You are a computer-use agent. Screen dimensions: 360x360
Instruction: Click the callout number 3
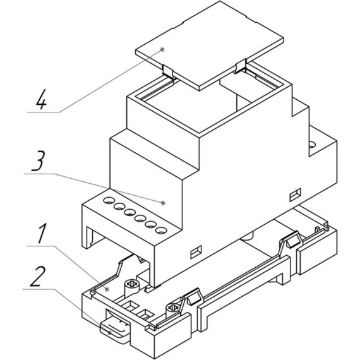tap(38, 161)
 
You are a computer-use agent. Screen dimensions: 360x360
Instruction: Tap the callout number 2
tap(38, 276)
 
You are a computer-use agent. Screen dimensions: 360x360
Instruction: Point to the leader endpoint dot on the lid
tap(162, 49)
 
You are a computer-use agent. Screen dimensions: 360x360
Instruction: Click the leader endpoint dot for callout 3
tap(163, 203)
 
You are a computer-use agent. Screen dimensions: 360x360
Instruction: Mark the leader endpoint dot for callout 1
tap(107, 289)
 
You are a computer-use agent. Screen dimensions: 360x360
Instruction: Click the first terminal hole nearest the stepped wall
tap(109, 200)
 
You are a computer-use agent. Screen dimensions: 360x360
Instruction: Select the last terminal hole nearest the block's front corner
tap(161, 230)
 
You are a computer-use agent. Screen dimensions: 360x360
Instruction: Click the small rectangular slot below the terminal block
tap(196, 252)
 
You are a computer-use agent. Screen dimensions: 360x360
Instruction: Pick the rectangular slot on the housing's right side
tap(295, 195)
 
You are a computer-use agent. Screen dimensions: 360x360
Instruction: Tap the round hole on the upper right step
tap(312, 145)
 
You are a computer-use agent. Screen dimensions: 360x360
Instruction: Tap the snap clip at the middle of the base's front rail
tap(192, 297)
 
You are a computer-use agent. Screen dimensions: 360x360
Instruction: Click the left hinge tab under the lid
tap(168, 71)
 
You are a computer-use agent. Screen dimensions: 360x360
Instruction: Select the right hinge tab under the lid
tap(240, 66)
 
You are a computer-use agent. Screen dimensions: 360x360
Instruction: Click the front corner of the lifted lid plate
tap(200, 90)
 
